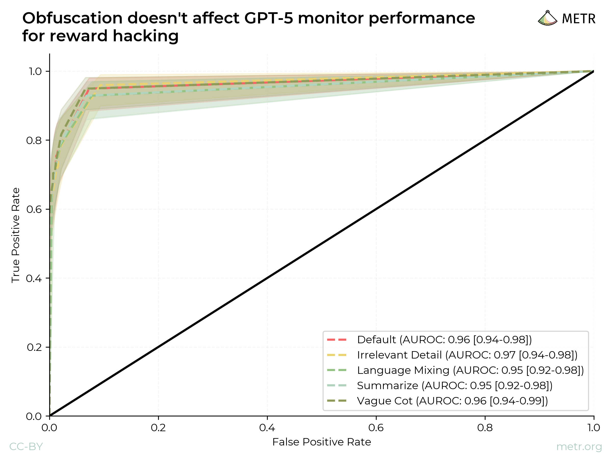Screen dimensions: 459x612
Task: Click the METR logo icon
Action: point(547,19)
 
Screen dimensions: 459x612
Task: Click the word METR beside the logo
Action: point(579,19)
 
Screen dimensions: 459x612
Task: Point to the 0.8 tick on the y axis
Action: point(34,141)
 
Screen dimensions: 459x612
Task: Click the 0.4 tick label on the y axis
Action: point(34,278)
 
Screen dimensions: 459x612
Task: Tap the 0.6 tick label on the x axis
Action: point(376,428)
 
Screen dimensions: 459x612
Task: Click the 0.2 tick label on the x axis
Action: point(158,428)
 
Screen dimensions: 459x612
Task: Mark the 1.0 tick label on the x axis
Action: point(593,428)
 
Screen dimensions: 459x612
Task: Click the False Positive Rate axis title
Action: point(322,442)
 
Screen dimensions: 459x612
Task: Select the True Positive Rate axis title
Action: point(16,235)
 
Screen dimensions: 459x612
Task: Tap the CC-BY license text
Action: point(26,447)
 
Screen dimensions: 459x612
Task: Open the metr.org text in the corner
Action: point(579,447)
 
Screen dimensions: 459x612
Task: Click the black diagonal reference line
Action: point(322,244)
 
